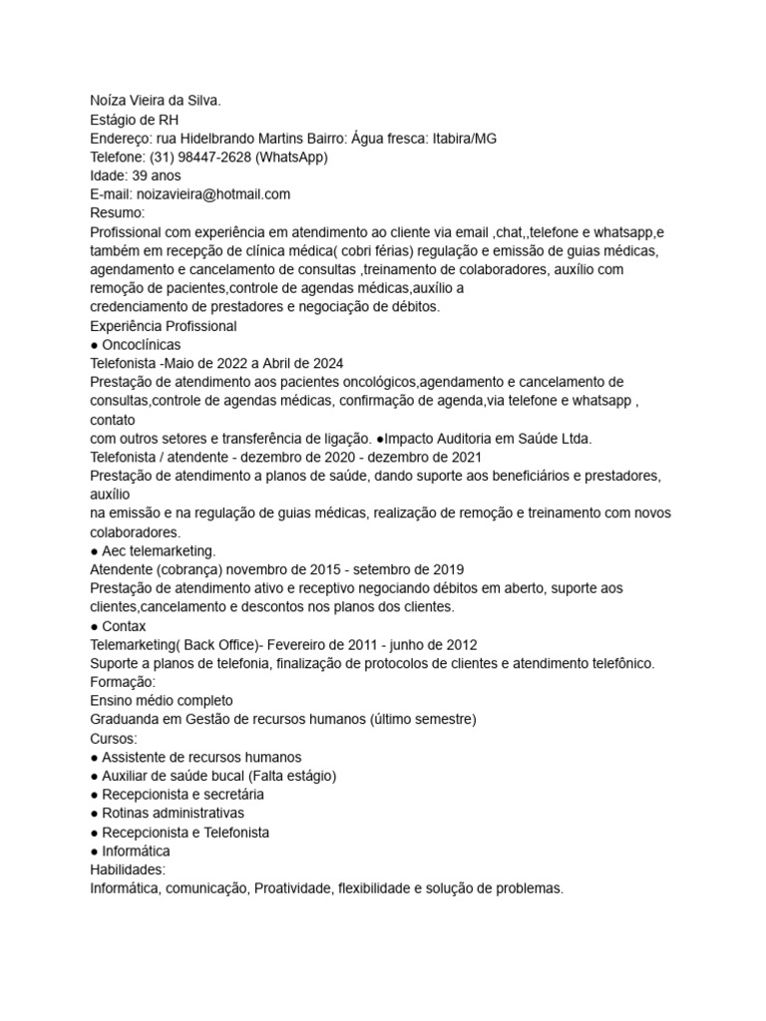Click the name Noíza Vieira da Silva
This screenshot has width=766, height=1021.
[x=165, y=101]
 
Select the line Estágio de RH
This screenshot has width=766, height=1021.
[x=133, y=120]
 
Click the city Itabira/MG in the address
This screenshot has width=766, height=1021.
[x=464, y=139]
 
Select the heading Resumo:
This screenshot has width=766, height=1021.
[x=118, y=213]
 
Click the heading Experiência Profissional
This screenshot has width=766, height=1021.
[x=164, y=326]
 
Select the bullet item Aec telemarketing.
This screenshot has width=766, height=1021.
[x=159, y=550]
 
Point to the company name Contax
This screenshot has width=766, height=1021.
[x=124, y=626]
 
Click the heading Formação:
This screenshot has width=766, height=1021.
[x=123, y=682]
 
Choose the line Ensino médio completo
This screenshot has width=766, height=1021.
[x=162, y=701]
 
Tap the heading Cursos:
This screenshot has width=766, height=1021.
[x=114, y=739]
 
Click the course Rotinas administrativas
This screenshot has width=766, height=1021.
[x=173, y=814]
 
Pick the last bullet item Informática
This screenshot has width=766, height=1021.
[x=136, y=851]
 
